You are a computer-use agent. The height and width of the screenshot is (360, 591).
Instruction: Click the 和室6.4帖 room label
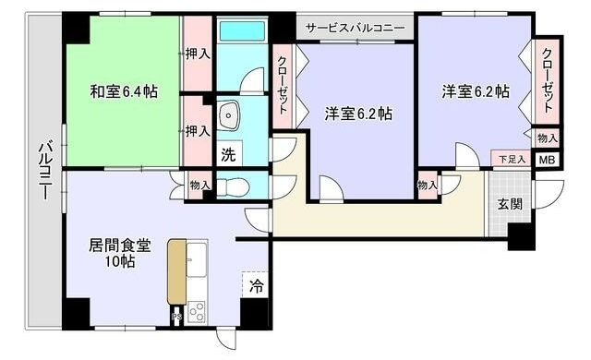pyautogui.click(x=123, y=91)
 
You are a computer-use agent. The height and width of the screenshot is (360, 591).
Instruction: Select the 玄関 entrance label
pyautogui.click(x=511, y=203)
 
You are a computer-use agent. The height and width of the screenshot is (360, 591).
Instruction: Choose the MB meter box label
pyautogui.click(x=548, y=159)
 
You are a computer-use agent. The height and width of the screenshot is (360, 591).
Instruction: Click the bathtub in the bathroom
pyautogui.click(x=241, y=30)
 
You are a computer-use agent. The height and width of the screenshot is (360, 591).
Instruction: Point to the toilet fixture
pyautogui.click(x=235, y=185)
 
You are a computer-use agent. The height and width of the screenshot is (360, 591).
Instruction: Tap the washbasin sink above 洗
pyautogui.click(x=230, y=116)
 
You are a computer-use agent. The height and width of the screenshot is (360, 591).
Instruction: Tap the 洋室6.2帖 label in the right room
pyautogui.click(x=475, y=91)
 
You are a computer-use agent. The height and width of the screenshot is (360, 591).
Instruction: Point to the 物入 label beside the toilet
pyautogui.click(x=199, y=185)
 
